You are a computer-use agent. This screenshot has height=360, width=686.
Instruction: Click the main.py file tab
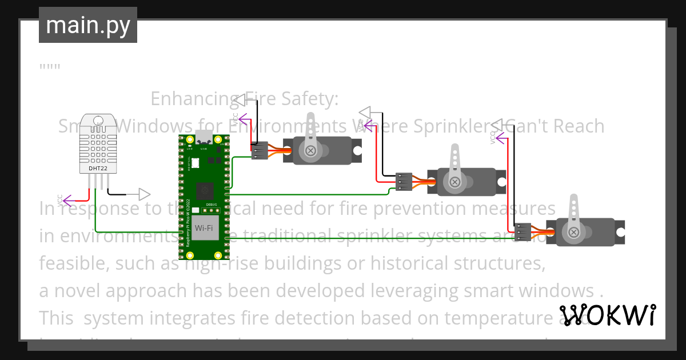[87, 25]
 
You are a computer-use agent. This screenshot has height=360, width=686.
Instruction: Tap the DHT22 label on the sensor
[97, 169]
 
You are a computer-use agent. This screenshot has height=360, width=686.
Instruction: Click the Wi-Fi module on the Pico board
[204, 229]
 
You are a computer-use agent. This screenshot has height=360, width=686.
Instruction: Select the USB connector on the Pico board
[204, 138]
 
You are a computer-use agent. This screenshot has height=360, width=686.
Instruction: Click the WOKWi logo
[607, 315]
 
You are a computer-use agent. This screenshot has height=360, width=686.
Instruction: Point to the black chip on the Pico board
[204, 190]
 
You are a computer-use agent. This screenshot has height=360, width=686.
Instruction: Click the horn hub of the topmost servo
[310, 151]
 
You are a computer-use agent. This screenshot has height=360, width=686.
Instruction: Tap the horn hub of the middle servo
[454, 182]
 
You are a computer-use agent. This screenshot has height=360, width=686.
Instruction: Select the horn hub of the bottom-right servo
[573, 232]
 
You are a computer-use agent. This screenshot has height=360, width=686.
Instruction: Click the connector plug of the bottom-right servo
[522, 232]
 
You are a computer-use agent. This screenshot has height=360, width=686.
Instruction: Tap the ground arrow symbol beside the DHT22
[143, 194]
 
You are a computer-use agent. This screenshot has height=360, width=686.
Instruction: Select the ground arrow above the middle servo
[365, 111]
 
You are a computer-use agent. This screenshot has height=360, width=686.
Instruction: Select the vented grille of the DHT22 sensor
[97, 140]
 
